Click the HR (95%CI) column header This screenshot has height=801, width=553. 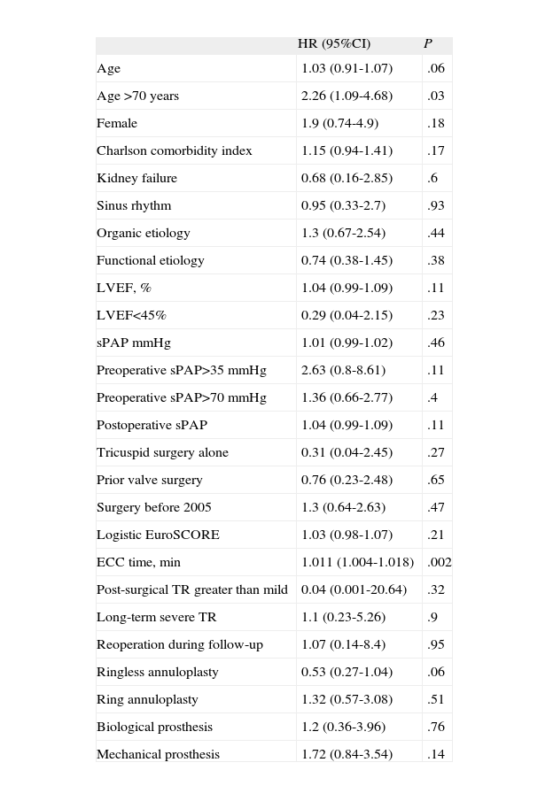point(334,44)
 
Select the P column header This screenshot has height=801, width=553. point(428,44)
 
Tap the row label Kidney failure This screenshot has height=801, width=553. point(136,179)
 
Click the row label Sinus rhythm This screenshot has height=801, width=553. point(134,206)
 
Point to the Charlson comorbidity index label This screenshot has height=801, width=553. point(175,151)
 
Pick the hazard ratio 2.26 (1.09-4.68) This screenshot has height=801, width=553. point(347,96)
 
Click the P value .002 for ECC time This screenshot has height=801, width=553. point(440,563)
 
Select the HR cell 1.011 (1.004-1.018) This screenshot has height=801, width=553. point(357,563)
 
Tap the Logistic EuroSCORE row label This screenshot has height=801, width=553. point(158,535)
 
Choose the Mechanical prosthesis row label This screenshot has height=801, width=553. point(158,755)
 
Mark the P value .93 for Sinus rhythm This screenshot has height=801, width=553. point(435,206)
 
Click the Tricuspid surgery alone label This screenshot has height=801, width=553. point(162,453)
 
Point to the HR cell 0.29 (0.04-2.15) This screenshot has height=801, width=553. point(347,316)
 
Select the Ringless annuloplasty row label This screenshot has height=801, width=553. point(157,673)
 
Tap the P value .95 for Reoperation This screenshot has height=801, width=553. point(435,645)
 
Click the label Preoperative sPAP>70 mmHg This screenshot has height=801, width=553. point(181,398)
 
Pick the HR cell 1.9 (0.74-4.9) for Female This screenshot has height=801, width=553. point(339,124)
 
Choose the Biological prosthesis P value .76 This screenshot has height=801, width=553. point(435,728)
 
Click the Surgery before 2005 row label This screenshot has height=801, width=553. point(153,508)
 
